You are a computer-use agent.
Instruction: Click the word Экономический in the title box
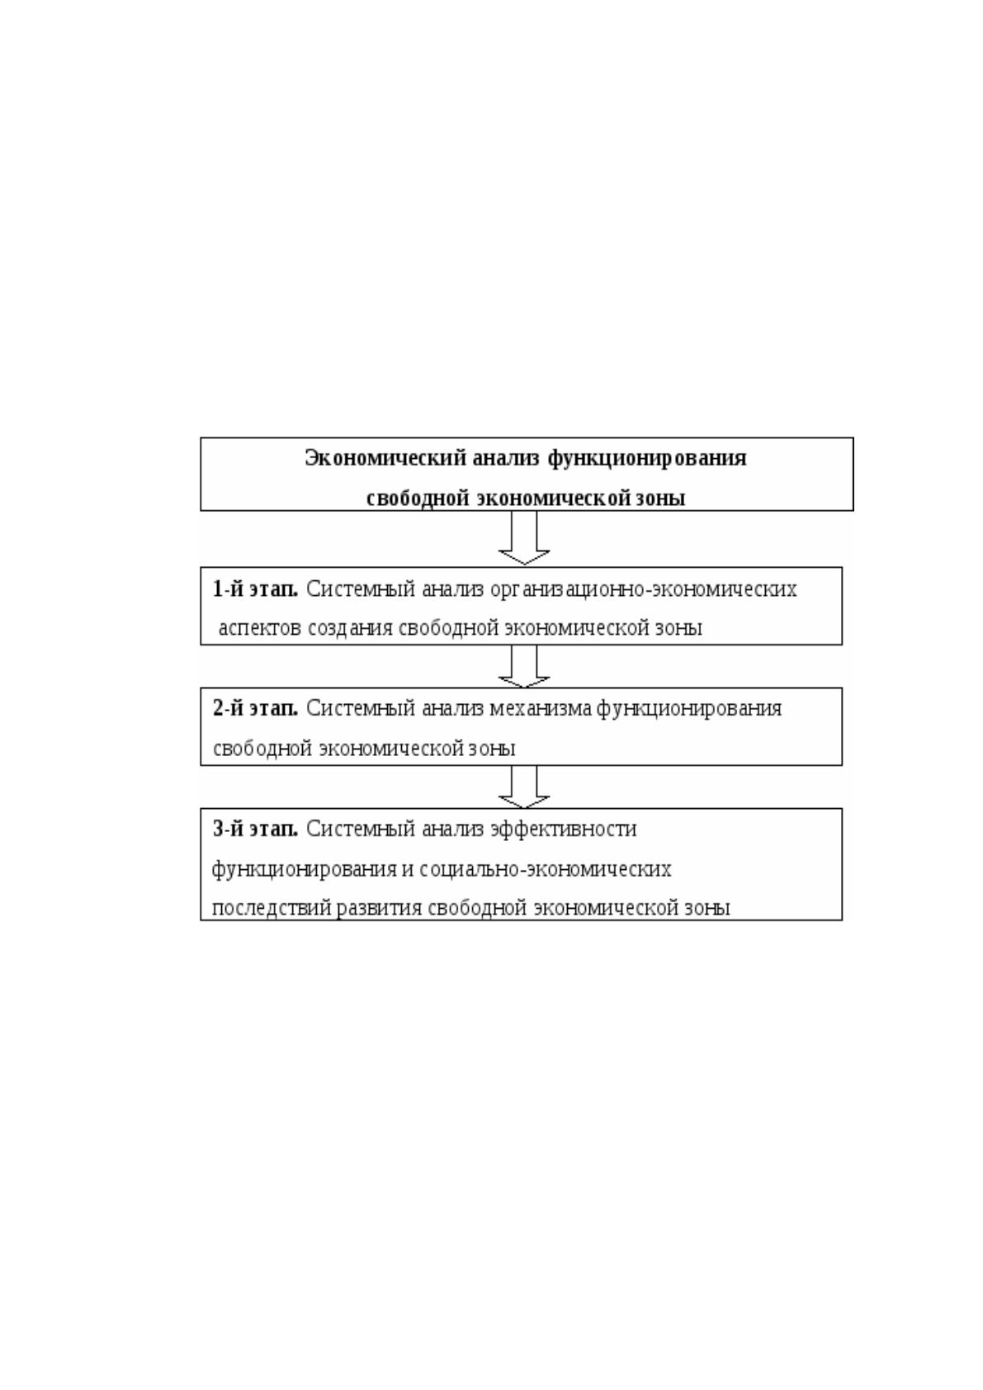tap(385, 459)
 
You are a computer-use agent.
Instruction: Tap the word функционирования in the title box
tap(647, 460)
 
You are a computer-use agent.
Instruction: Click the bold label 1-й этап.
tap(255, 589)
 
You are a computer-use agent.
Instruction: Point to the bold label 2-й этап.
tap(255, 708)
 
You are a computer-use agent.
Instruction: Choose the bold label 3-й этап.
tap(255, 829)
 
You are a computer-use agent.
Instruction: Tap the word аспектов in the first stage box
tap(260, 629)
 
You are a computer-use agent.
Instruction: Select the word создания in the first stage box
tap(351, 629)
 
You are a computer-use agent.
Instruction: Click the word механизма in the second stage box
tap(541, 709)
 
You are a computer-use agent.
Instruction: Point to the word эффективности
tap(564, 830)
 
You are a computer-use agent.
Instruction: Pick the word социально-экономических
tap(546, 869)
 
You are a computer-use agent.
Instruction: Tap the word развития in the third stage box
tap(380, 909)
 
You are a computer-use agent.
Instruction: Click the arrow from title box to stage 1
tap(524, 538)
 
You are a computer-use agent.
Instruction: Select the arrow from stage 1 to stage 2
tap(524, 666)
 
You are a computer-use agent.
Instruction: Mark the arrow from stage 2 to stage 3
tap(524, 787)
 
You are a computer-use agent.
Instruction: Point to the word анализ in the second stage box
tap(452, 709)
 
